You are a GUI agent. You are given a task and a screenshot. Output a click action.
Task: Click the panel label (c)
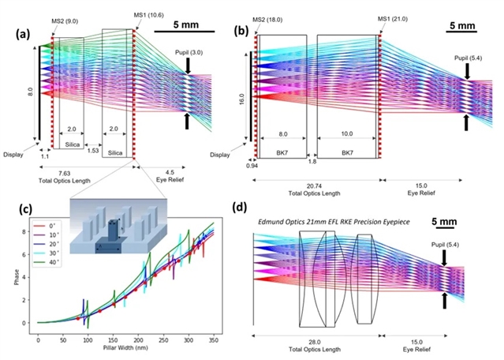(13, 209)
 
